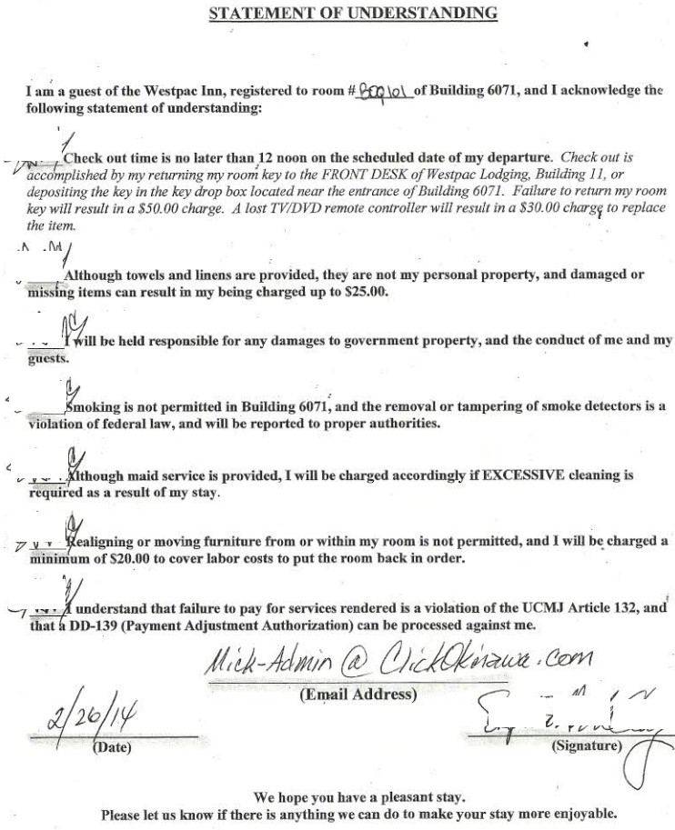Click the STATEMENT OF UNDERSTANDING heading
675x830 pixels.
click(353, 13)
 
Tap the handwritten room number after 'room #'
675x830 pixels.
click(388, 93)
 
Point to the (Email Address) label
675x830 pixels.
click(358, 695)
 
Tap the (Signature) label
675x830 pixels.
click(587, 747)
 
